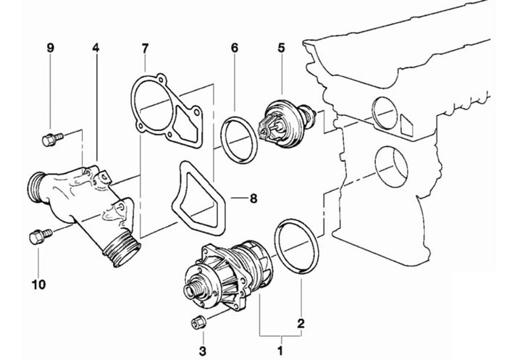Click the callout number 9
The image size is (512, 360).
pos(50,48)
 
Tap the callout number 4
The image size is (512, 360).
pos(96,48)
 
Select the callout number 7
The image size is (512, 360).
pos(145,48)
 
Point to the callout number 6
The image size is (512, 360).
pos(235,48)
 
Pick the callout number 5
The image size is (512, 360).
pos(281,48)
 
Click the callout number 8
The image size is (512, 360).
pos(253,198)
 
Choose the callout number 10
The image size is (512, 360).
pos(39,285)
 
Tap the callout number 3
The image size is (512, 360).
pos(203,351)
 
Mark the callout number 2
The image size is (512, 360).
pos(301,323)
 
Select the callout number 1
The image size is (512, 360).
pos(280,351)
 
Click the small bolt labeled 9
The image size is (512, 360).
pos(52,140)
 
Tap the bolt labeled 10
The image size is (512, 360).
pos(41,236)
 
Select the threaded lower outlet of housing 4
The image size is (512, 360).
pos(122,251)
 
